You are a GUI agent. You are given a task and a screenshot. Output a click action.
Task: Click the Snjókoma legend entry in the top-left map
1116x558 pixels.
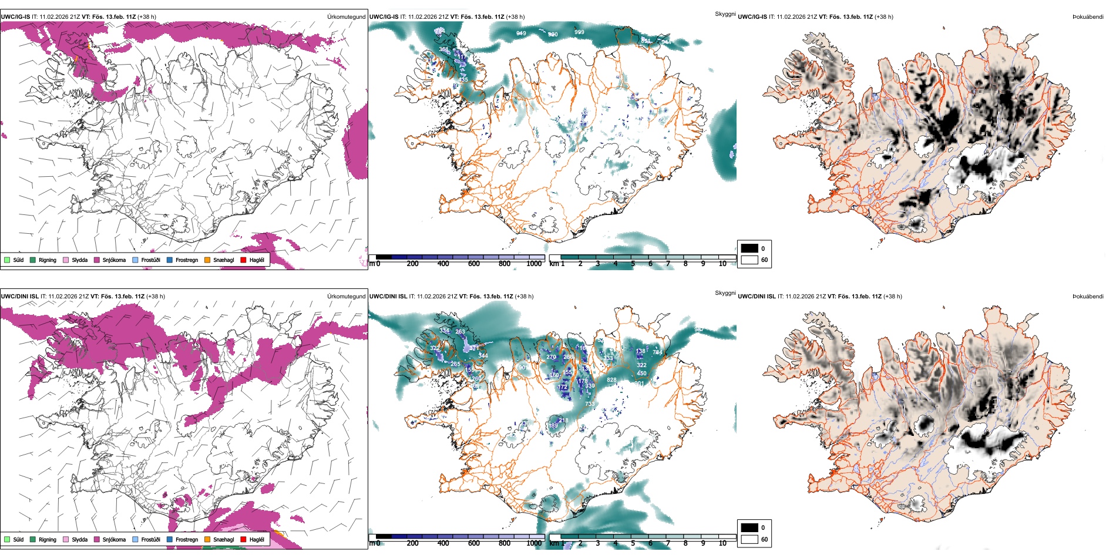pyautogui.click(x=113, y=260)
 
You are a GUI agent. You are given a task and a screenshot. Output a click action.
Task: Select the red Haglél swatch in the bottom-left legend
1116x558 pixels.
pyautogui.click(x=243, y=539)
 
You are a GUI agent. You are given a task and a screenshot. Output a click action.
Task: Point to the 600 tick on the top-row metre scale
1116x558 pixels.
pyautogui.click(x=473, y=264)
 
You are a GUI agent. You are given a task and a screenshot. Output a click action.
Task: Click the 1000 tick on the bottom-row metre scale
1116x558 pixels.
pyautogui.click(x=534, y=543)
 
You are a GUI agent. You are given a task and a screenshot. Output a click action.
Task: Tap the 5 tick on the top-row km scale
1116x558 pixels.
pyautogui.click(x=633, y=264)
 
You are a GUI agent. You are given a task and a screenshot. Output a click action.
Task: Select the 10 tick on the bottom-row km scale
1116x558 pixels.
pyautogui.click(x=722, y=543)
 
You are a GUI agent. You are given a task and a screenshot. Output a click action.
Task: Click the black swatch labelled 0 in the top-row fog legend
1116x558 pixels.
pyautogui.click(x=749, y=248)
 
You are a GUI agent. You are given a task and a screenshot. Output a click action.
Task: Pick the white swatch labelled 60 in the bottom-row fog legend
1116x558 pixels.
pyautogui.click(x=749, y=539)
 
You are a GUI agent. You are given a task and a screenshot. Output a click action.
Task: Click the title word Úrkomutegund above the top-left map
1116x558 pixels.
pyautogui.click(x=346, y=17)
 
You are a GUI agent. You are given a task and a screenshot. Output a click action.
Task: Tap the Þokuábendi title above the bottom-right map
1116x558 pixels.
pyautogui.click(x=1088, y=297)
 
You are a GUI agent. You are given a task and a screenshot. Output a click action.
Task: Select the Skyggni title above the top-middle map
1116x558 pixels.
pyautogui.click(x=725, y=14)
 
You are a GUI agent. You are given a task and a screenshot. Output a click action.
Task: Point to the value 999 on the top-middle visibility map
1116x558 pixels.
pyautogui.click(x=579, y=32)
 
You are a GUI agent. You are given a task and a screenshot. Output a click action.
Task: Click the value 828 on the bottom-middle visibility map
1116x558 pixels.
pyautogui.click(x=611, y=380)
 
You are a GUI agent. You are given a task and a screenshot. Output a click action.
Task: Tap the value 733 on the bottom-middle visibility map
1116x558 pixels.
pyautogui.click(x=590, y=404)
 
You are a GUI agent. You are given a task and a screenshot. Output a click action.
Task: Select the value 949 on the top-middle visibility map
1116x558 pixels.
pyautogui.click(x=521, y=33)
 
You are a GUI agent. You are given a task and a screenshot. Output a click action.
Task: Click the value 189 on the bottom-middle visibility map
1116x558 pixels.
pyautogui.click(x=553, y=426)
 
